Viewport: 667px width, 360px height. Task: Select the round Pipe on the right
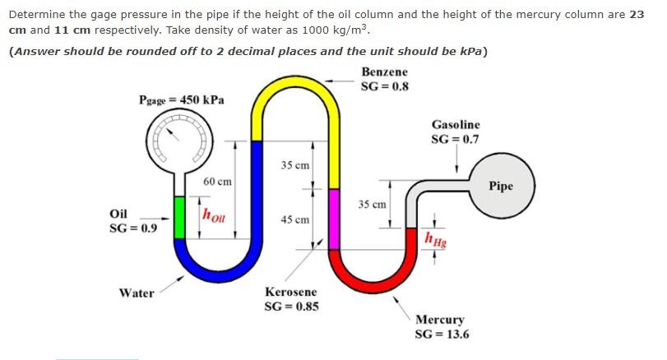coord(501,187)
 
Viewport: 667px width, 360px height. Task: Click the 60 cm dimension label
coord(217,181)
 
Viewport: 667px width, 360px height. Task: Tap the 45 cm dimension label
coord(294,219)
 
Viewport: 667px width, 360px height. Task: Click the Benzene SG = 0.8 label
coord(385,79)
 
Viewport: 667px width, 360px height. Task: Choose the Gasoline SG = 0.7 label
coord(455,132)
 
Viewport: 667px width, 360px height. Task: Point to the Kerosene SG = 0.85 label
coord(291,299)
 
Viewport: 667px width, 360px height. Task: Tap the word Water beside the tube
coord(137,293)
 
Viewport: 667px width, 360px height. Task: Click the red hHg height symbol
coord(433,239)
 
